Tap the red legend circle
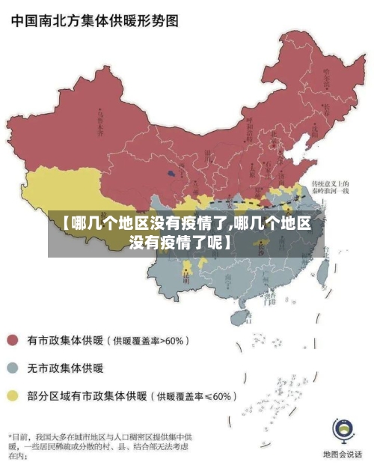click(x=13, y=341)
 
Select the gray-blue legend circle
click(x=13, y=368)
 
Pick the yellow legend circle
click(x=13, y=395)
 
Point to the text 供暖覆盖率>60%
click(x=149, y=341)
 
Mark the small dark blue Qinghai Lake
click(x=172, y=172)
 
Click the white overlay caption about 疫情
click(x=186, y=232)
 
